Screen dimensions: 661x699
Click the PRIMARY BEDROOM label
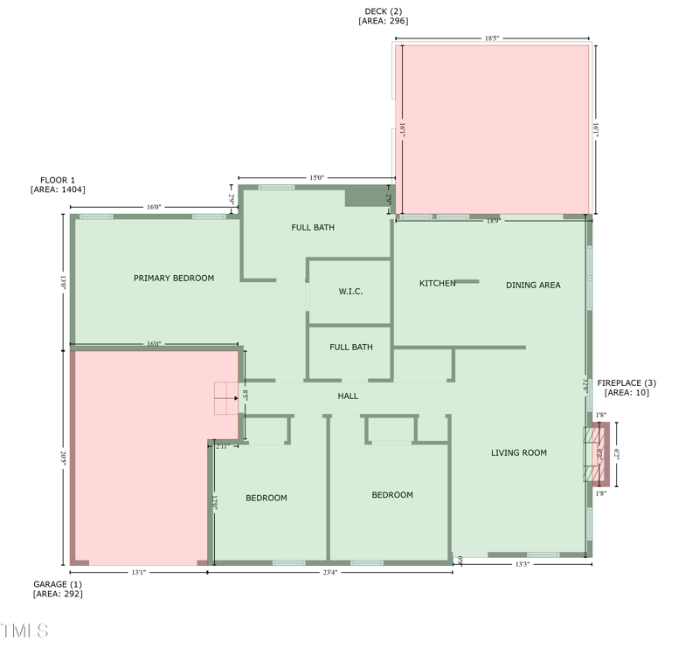click(x=174, y=279)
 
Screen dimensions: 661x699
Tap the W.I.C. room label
click(x=350, y=292)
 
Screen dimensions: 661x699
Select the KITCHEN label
click(x=437, y=284)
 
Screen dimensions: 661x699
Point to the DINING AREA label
click(x=533, y=286)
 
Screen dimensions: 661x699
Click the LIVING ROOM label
click(x=518, y=453)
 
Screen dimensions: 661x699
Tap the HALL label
click(x=348, y=396)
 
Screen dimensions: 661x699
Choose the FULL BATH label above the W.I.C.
click(x=313, y=228)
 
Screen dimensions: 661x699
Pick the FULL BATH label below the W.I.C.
click(x=350, y=348)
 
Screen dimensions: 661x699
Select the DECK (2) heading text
click(x=383, y=11)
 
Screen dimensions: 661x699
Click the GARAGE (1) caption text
click(x=58, y=584)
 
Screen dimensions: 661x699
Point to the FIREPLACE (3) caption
click(x=626, y=383)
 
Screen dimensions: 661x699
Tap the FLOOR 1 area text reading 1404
click(x=58, y=189)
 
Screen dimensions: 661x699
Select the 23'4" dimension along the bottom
click(x=329, y=573)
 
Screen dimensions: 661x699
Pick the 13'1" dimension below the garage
click(x=138, y=573)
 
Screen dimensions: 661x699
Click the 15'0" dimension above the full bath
click(x=316, y=178)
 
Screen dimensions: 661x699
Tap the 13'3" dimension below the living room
click(x=522, y=565)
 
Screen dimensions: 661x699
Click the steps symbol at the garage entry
click(x=226, y=397)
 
